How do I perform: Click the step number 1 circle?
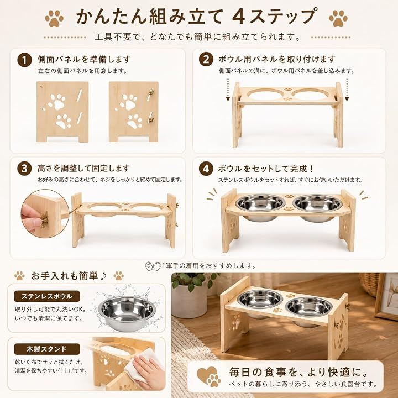pos(24,60)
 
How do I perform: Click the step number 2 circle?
pos(206,59)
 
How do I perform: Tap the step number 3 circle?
pos(24,169)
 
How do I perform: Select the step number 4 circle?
pos(206,169)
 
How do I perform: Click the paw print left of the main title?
pos(54,18)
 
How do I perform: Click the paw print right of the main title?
pos(338,18)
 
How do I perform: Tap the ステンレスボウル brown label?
pos(47,296)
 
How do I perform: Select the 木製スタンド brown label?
pos(47,349)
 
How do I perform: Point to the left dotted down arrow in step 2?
pos(228,90)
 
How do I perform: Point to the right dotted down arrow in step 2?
pos(347,90)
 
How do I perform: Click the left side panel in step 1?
pos(62,112)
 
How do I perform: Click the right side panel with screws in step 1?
pos(134,112)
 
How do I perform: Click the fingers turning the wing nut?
pos(31,218)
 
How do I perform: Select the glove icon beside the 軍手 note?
pos(153,266)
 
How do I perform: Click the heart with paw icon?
pos(209,376)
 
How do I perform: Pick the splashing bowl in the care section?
pos(127,313)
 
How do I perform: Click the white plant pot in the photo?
pos(190,301)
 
